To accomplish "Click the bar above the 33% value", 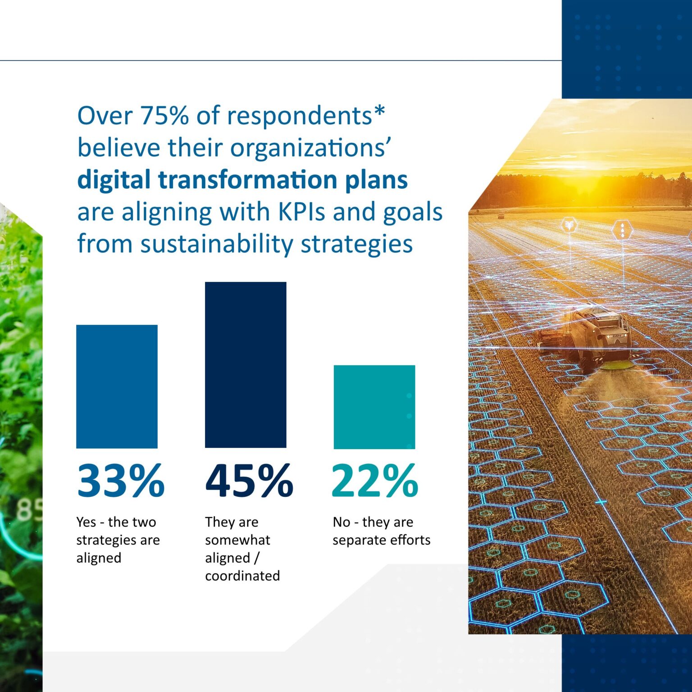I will [x=117, y=386].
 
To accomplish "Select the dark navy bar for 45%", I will [x=246, y=364].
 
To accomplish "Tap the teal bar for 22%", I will [x=374, y=407].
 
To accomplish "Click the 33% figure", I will [x=120, y=481].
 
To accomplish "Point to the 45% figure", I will [x=249, y=481].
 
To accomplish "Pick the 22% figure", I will [x=375, y=481].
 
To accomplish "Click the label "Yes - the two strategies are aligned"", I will [x=118, y=540].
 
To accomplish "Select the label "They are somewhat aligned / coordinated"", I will [x=242, y=549].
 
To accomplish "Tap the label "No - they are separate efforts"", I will [x=381, y=531].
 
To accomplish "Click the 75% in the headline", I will [x=164, y=115].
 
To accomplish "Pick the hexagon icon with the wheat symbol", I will [x=569, y=224].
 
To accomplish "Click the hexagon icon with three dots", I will [x=622, y=230].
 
